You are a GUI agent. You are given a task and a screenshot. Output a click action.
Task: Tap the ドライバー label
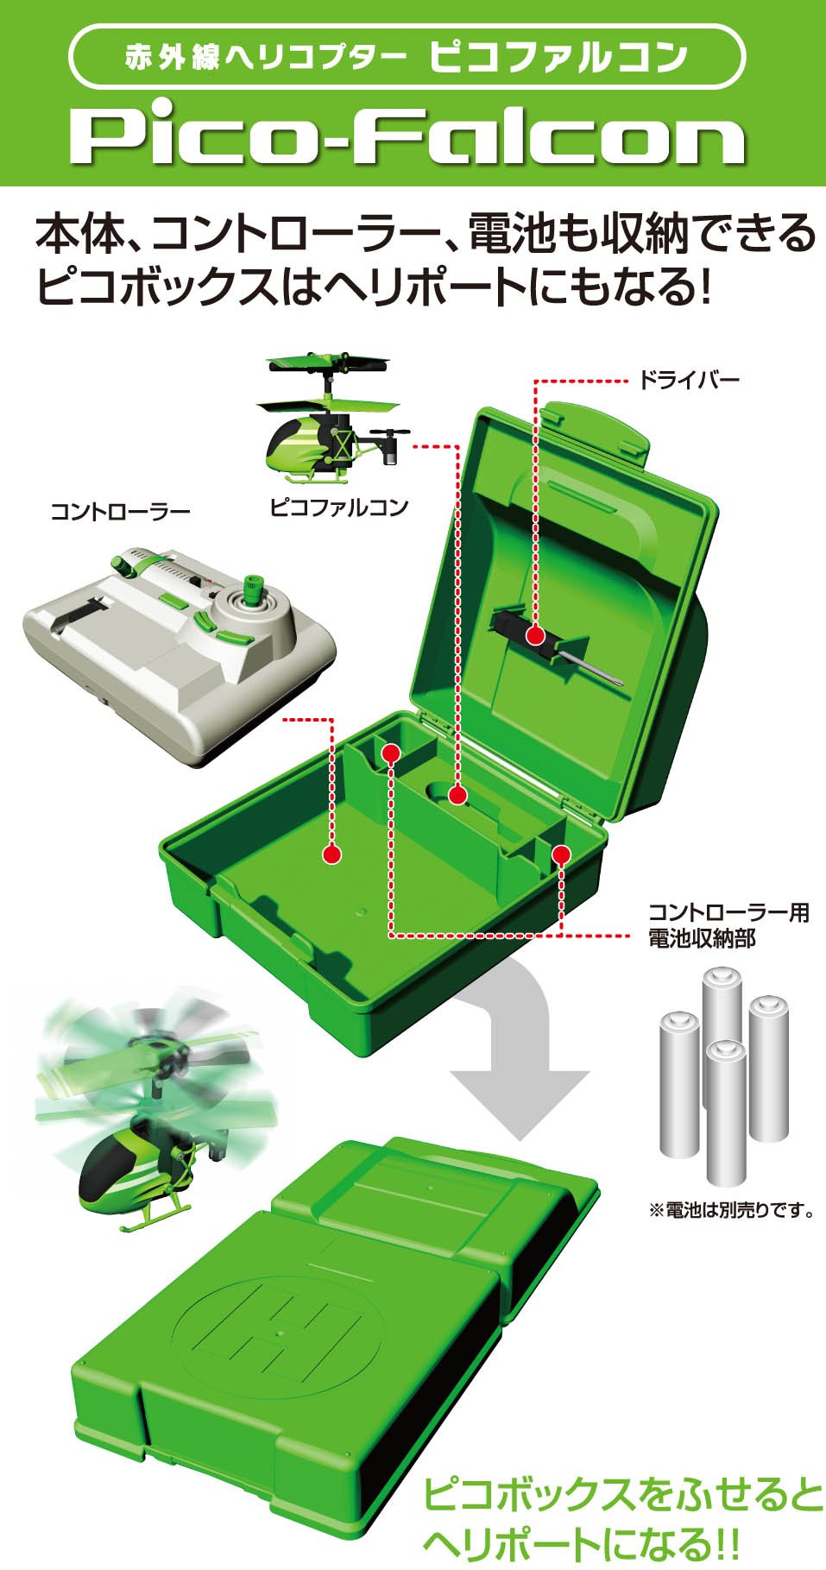coord(689,380)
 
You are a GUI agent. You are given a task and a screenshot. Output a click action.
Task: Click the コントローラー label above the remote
coord(120,512)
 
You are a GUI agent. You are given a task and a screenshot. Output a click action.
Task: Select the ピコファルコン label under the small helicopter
coord(338,507)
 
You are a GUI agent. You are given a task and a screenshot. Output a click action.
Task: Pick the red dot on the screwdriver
coord(535,636)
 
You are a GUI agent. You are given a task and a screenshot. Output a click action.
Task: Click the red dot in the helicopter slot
coord(457,795)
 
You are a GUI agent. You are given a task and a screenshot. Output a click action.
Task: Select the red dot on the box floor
coord(331,854)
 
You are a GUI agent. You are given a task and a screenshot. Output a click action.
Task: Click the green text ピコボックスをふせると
coord(623,1495)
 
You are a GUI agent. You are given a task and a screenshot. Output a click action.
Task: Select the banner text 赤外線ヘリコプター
coord(266,59)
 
